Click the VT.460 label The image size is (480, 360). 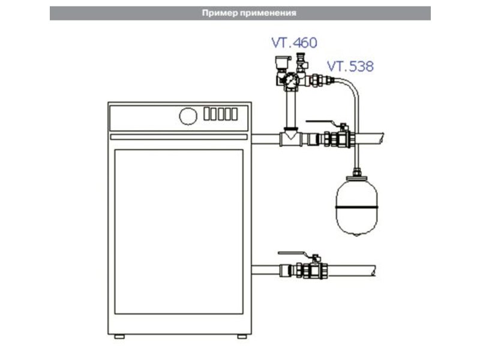click(x=294, y=43)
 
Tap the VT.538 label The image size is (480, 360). click(x=350, y=66)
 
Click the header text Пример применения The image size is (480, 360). click(x=249, y=13)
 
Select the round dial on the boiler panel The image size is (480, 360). click(x=188, y=116)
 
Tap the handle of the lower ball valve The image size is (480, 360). click(x=295, y=253)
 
